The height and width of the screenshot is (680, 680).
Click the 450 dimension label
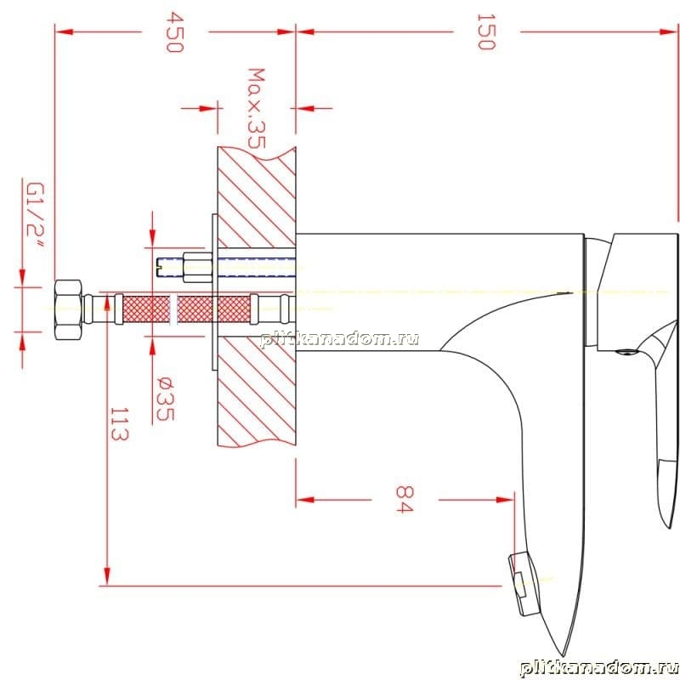175,32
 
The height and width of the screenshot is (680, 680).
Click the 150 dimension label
486,31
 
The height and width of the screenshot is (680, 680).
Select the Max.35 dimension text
256,108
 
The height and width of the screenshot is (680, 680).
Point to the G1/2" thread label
36,216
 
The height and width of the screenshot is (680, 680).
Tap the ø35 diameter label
165,399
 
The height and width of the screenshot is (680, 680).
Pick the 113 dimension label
119,423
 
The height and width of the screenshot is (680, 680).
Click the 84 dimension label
405,499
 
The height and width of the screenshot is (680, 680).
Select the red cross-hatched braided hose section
186,309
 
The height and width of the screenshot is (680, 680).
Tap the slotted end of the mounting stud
159,267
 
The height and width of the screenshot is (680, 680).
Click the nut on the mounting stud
197,267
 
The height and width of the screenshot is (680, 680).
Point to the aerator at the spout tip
524,583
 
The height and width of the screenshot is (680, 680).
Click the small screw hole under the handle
625,352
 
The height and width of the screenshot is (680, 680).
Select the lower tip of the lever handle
669,524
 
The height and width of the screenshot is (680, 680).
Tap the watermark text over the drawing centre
339,338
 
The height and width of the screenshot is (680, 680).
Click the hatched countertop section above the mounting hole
257,198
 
